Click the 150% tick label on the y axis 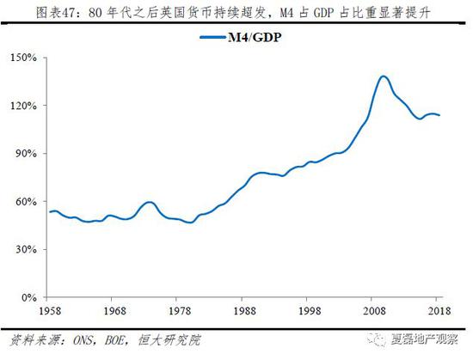[x=24, y=58]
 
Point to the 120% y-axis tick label [x=24, y=106]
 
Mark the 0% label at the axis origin [x=29, y=297]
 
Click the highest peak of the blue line [x=383, y=76]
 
